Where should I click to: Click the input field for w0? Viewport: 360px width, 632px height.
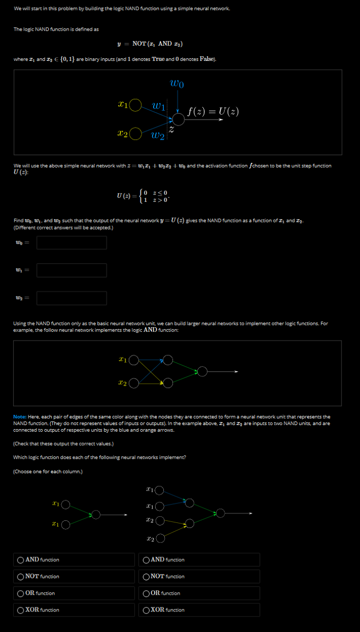[72, 242]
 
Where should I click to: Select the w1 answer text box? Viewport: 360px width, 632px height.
[72, 270]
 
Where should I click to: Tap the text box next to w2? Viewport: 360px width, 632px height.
[72, 298]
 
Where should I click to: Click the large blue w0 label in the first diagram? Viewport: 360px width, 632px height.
[177, 83]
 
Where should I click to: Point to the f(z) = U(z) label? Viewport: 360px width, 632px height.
[213, 111]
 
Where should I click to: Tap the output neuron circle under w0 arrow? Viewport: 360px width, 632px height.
[178, 119]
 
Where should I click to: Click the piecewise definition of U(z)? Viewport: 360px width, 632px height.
[146, 196]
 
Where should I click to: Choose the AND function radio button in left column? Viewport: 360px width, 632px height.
[20, 560]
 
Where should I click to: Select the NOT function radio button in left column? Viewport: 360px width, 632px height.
[20, 577]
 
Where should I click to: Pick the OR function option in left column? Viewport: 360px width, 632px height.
[20, 593]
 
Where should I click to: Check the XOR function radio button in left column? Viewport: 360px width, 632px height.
[20, 610]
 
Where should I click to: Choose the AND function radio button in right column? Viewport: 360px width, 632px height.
[147, 560]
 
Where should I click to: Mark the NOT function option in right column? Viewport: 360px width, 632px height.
[147, 577]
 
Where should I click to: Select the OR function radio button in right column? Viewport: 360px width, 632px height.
[147, 593]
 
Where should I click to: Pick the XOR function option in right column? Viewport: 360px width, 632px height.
[147, 610]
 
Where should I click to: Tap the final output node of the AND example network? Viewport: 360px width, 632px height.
[203, 371]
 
